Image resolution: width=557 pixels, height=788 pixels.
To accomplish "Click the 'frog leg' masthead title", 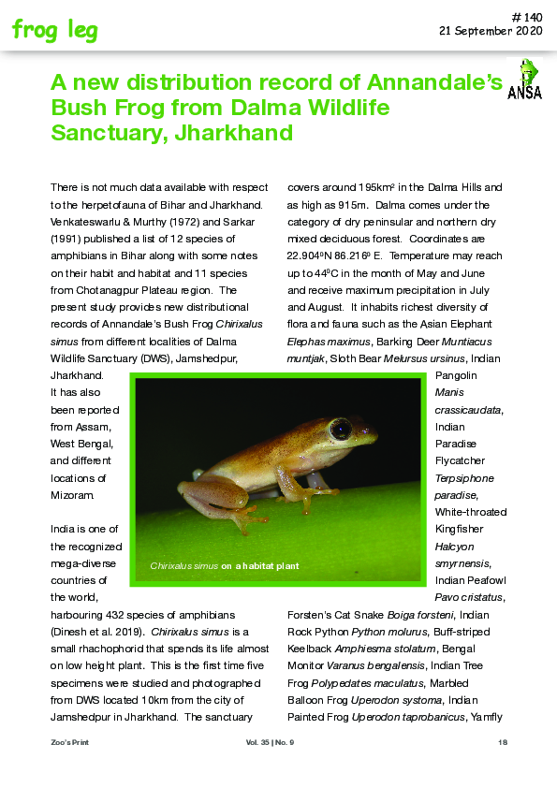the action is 54,30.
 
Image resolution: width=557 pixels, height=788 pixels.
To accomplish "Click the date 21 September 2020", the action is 491,31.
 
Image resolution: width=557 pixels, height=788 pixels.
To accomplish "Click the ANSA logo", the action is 524,79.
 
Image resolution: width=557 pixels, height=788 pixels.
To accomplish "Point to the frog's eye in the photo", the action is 341,430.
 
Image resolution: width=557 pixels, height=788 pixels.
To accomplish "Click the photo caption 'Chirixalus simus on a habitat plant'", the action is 225,566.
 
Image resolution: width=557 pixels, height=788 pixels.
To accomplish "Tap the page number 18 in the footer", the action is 502,742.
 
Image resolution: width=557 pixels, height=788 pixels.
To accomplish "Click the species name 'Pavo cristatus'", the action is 470,597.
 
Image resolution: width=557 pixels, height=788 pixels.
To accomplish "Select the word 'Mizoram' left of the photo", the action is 75,494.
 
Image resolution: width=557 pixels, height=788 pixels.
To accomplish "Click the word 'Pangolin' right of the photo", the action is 458,375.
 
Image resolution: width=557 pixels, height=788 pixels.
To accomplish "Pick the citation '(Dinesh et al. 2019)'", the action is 99,632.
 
